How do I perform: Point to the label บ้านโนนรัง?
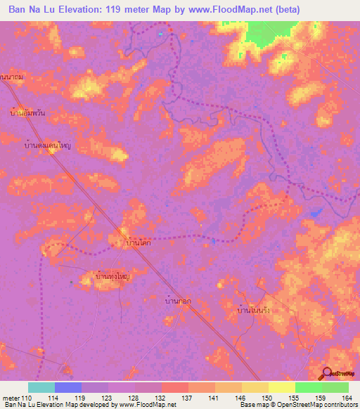click(x=254, y=309)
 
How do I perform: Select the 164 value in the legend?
click(x=346, y=398)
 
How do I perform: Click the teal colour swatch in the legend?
click(x=41, y=387)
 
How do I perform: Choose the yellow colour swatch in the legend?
click(x=282, y=387)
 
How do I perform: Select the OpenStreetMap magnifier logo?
click(x=328, y=373)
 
